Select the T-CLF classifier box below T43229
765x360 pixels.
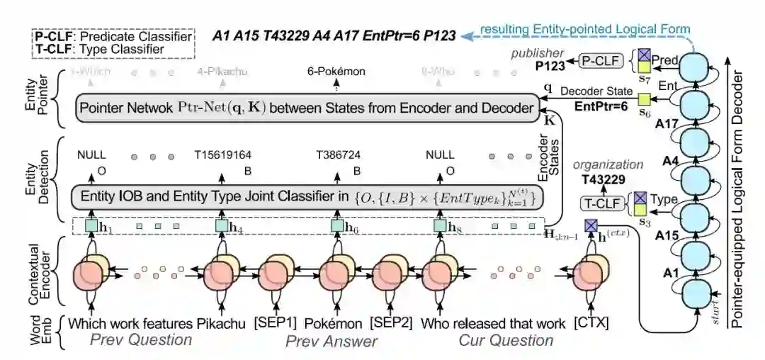[599, 204]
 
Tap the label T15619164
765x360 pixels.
[222, 154]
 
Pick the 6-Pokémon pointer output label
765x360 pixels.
[336, 72]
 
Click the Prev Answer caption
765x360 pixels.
[331, 342]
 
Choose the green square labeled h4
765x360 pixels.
[220, 226]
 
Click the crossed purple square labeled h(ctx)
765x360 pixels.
[589, 226]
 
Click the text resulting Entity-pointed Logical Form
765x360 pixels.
[584, 29]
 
